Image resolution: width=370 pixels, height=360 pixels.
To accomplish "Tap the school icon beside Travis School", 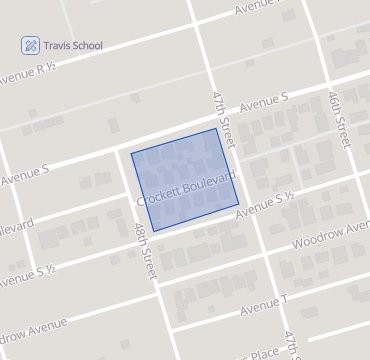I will point(31,45).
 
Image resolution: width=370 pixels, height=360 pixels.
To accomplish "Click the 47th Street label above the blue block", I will point(222,117).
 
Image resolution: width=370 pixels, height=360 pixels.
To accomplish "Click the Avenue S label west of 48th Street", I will point(25,174).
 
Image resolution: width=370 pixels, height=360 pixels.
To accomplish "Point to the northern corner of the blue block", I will point(215,129).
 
